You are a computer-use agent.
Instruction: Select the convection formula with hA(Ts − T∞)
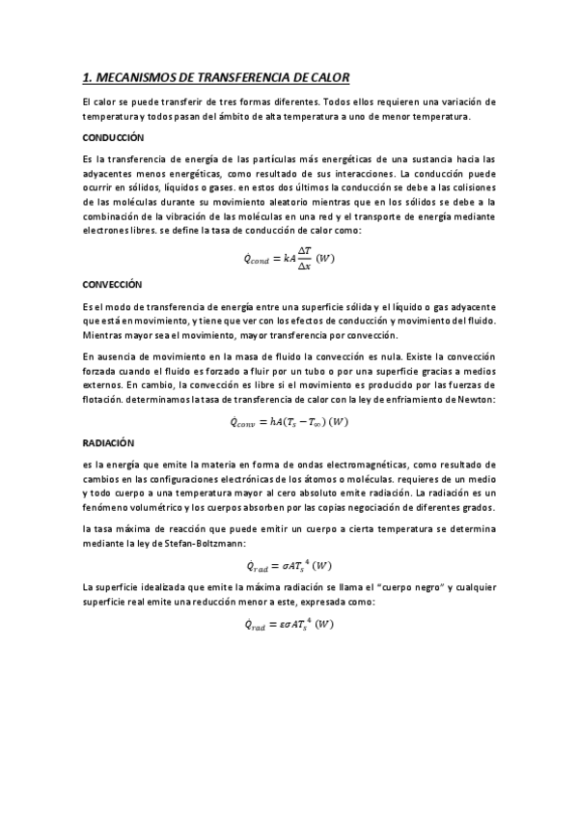[289, 421]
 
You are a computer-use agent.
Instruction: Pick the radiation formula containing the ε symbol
[289, 625]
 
